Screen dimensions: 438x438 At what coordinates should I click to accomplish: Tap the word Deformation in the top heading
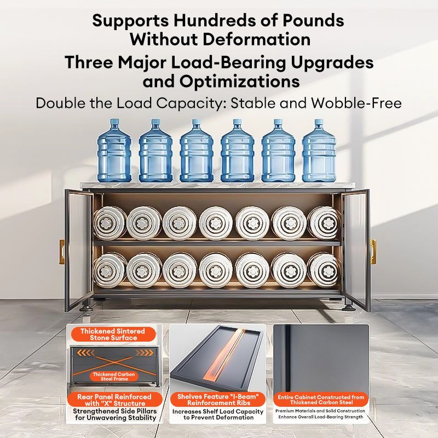click(256, 39)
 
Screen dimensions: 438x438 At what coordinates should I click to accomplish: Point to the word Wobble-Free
click(356, 103)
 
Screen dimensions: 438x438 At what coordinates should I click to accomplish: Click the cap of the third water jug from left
click(196, 122)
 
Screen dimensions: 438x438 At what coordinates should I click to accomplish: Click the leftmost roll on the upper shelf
click(109, 223)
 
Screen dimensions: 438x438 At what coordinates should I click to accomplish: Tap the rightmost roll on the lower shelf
click(324, 270)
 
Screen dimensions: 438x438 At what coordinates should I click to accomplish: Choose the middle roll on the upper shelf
click(216, 223)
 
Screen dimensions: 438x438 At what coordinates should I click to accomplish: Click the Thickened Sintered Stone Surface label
click(113, 335)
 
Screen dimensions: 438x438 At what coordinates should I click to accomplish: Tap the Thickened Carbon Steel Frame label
click(114, 377)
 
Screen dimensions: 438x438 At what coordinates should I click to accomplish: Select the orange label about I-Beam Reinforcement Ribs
click(218, 400)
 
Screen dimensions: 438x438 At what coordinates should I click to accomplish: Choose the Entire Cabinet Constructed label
click(321, 400)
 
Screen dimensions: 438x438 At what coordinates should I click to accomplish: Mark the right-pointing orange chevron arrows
click(144, 353)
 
